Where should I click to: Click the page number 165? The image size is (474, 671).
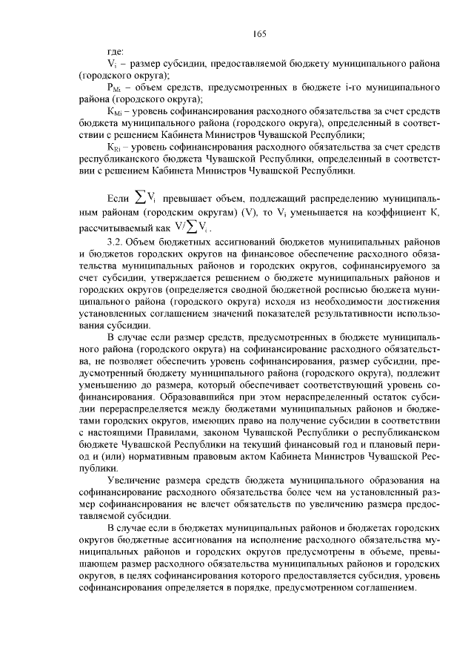tap(258, 33)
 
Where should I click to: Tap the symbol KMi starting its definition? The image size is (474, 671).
tap(115, 110)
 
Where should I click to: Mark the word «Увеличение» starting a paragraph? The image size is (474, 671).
tap(133, 479)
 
